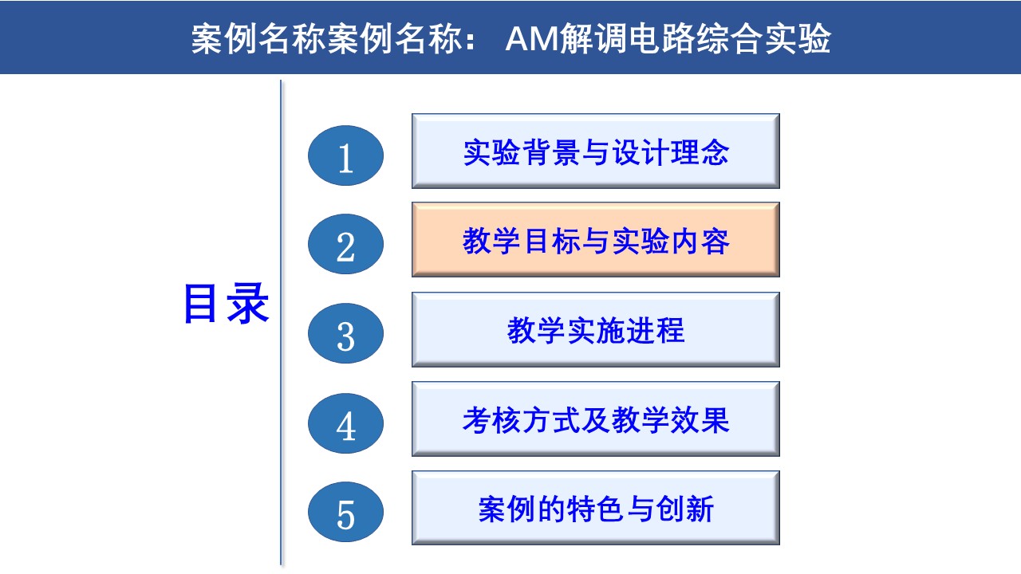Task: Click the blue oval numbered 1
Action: pos(345,155)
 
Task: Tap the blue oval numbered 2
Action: pos(345,244)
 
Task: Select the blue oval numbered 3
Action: pos(345,333)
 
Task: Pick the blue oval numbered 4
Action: pos(345,423)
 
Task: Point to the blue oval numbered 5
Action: pos(345,512)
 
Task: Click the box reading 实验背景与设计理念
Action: pos(596,151)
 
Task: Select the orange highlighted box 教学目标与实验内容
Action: pos(596,240)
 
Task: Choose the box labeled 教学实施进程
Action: pos(596,329)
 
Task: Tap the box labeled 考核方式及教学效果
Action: pos(596,419)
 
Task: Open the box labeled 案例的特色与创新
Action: pos(596,508)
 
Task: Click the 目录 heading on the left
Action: pos(226,304)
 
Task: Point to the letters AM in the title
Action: pos(532,39)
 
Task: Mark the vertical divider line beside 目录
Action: pos(281,323)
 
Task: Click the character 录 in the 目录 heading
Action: pos(247,304)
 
